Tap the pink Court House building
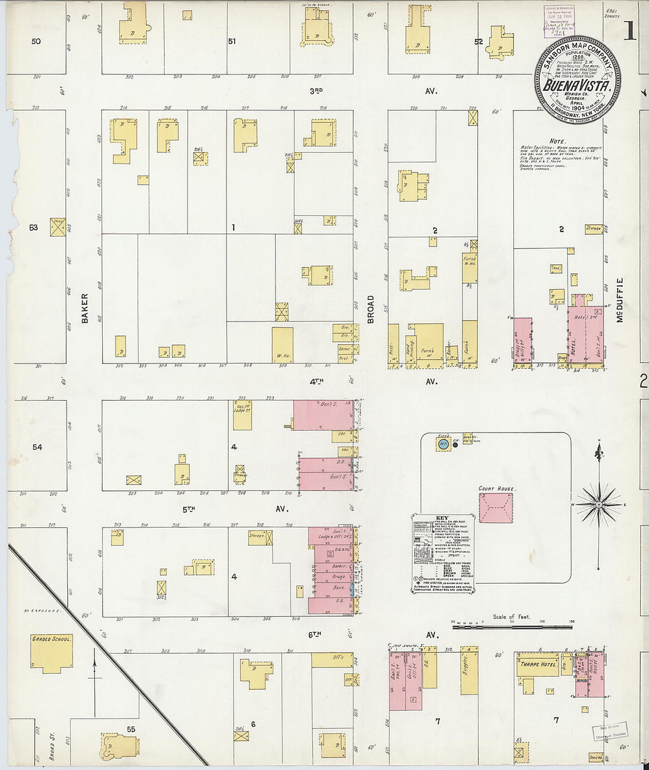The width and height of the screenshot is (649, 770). pos(496,508)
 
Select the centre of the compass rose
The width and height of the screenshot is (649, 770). pos(599,504)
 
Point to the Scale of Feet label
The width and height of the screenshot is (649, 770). pos(512,617)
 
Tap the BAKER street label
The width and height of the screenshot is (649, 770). pos(84,308)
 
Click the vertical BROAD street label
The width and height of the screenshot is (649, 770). pos(371,309)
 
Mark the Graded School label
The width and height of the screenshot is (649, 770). pos(52,639)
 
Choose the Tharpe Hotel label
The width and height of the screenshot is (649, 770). pos(538,664)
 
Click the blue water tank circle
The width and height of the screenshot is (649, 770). pos(443,443)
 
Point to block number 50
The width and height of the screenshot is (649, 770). pos(37,41)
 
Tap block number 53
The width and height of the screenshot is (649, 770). pos(33,227)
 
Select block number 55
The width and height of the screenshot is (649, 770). pos(131,729)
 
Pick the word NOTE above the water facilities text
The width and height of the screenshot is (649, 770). pos(556,141)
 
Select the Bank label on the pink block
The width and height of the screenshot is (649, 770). pos(338,588)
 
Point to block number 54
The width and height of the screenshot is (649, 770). pos(37,447)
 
